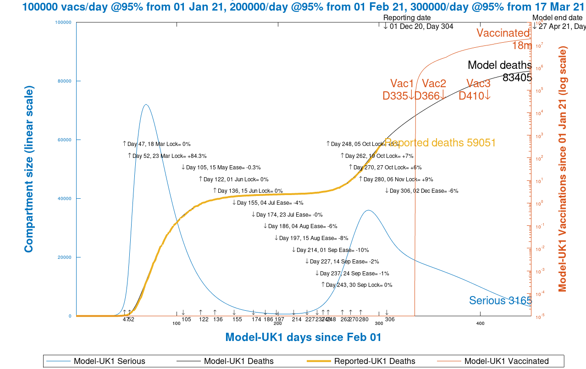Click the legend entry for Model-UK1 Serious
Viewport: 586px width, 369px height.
click(109, 361)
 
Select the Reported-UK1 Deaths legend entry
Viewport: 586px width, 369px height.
click(374, 361)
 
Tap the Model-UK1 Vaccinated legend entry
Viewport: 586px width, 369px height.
click(506, 361)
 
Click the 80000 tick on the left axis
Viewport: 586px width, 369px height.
click(63, 81)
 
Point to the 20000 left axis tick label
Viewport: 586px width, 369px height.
click(63, 257)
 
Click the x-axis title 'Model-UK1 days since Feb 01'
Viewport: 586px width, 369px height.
click(303, 337)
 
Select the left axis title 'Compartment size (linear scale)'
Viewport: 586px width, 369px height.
click(28, 169)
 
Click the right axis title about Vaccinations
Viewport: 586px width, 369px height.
click(562, 169)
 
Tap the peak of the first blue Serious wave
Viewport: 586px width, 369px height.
click(146, 105)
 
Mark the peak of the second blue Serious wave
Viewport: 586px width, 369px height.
click(368, 211)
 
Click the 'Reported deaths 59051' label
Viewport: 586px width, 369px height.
click(440, 143)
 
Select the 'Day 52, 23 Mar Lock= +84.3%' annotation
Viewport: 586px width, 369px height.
click(169, 156)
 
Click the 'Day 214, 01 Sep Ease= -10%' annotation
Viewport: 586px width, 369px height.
click(332, 250)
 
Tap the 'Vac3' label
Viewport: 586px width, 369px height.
click(478, 84)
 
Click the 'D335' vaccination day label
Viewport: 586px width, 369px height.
click(395, 95)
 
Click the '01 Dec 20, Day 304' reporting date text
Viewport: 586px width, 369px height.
click(421, 27)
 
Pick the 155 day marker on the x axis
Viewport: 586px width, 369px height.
click(237, 319)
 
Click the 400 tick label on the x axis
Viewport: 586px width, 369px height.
click(480, 324)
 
